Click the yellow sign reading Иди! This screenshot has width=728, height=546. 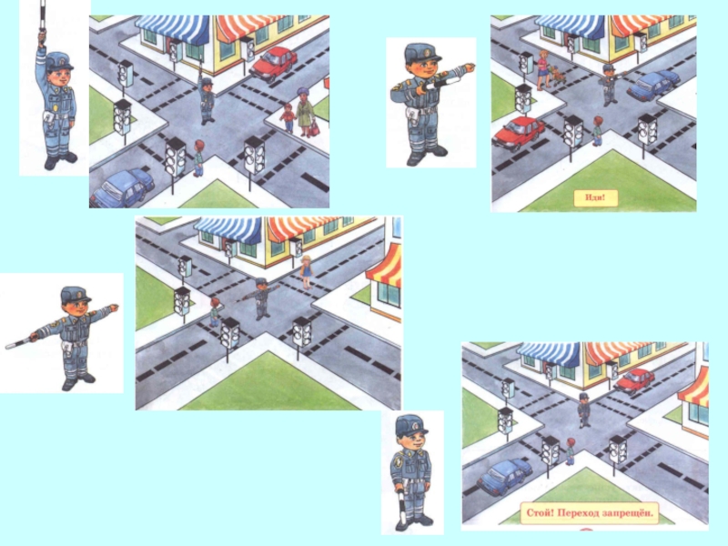595,197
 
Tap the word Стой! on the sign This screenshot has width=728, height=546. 540,513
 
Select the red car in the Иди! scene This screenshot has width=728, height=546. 518,133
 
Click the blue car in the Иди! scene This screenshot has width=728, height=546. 652,85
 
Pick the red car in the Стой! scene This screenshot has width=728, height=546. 633,380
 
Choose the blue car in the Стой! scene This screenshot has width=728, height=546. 504,477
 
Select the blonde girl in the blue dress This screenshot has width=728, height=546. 306,272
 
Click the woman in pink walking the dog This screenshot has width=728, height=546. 542,70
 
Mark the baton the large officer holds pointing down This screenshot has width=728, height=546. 402,509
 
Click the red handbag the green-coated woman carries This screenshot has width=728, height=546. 314,127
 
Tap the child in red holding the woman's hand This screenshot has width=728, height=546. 288,118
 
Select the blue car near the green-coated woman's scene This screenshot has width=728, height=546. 122,188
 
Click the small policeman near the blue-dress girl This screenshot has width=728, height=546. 261,298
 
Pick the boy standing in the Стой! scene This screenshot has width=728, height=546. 570,451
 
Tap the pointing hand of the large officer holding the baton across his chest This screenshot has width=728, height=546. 469,67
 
